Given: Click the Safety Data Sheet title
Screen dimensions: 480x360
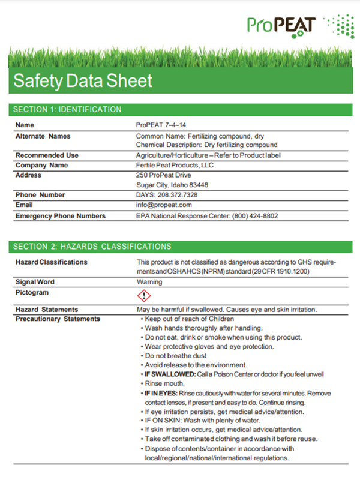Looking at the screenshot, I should coord(83,80).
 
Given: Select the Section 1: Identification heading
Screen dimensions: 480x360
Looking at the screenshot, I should coord(67,109).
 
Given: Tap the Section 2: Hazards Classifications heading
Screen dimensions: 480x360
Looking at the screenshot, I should coord(92,247).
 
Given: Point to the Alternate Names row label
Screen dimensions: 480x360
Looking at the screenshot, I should coord(43,136).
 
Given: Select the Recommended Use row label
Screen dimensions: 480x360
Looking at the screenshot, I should coord(47,155).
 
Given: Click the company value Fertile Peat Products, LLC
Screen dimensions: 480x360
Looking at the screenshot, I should coord(175,165).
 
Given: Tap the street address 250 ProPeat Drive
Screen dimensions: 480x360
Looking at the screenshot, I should coord(163,175).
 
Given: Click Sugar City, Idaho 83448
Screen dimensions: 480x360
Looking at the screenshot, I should coord(172,185).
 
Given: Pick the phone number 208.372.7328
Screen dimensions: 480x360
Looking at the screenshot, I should coord(178,195).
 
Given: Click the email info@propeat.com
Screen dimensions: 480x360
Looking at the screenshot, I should coord(164,205).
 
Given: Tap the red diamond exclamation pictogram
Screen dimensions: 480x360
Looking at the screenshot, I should coord(144,295).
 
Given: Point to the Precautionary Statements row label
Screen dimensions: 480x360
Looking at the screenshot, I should coord(58,319).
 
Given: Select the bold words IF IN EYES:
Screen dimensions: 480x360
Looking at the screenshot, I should coord(159,393).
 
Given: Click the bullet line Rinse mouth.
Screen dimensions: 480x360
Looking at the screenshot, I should coord(165,383).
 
